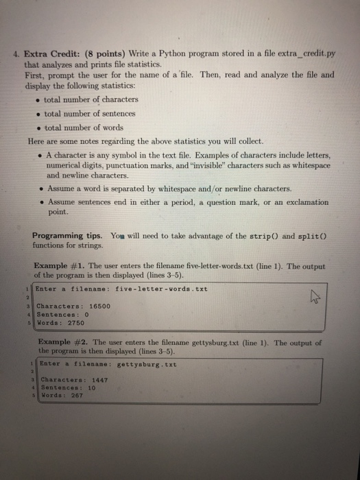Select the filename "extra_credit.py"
tap(302, 54)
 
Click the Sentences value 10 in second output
tap(91, 387)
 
